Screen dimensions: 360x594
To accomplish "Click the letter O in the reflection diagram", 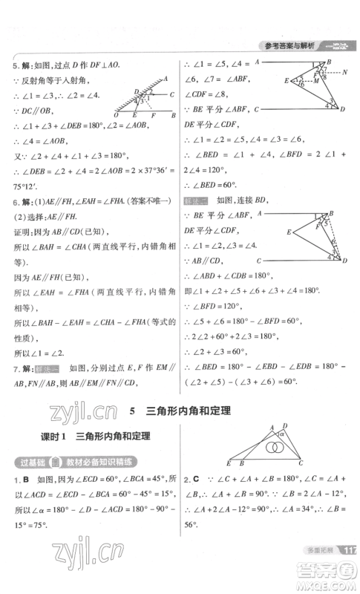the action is point(117,117).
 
